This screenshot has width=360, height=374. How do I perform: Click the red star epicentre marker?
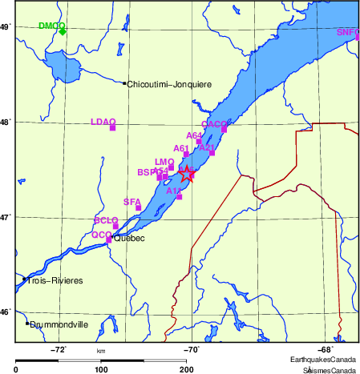pyautogui.click(x=187, y=175)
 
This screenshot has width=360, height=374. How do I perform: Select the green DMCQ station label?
pyautogui.click(x=51, y=26)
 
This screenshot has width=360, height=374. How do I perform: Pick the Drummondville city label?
pyautogui.click(x=59, y=324)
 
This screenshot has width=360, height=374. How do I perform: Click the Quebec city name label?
pyautogui.click(x=128, y=238)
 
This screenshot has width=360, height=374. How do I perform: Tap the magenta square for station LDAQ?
pyautogui.click(x=113, y=127)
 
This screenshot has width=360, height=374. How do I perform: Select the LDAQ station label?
pyautogui.click(x=103, y=122)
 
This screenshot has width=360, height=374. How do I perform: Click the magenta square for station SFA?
pyautogui.click(x=139, y=207)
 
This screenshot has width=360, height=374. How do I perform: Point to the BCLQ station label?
pyautogui.click(x=106, y=220)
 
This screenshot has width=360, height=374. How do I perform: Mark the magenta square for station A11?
pyautogui.click(x=180, y=196)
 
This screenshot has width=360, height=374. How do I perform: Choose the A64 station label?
pyautogui.click(x=194, y=136)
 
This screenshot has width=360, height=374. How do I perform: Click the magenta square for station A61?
pyautogui.click(x=186, y=154)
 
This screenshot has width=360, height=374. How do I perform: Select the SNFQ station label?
pyautogui.click(x=348, y=32)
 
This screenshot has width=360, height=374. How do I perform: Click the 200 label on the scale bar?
pyautogui.click(x=186, y=369)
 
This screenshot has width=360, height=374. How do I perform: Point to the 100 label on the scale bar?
pyautogui.click(x=101, y=369)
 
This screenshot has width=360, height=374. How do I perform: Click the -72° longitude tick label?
pyautogui.click(x=59, y=349)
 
